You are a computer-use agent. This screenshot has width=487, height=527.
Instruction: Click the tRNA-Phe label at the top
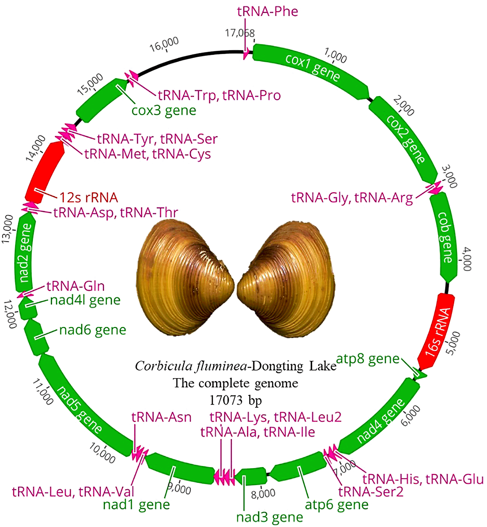point(268,11)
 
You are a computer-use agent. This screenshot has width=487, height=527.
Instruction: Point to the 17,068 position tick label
point(240,33)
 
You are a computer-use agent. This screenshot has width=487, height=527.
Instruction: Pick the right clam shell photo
point(287,280)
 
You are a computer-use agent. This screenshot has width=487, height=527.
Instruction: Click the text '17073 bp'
point(235,400)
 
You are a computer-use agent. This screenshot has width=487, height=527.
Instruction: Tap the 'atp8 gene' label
point(368,359)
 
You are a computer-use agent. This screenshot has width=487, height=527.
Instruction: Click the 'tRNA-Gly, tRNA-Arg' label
point(352,198)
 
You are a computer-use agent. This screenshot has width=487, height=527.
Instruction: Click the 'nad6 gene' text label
point(93,330)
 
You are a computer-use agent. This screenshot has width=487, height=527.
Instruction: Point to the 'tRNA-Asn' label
point(161,417)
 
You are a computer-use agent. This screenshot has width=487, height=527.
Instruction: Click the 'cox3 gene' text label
point(164,111)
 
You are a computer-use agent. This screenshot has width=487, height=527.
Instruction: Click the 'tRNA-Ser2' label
point(371,492)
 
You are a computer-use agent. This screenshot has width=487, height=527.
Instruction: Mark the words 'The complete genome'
point(235,383)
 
